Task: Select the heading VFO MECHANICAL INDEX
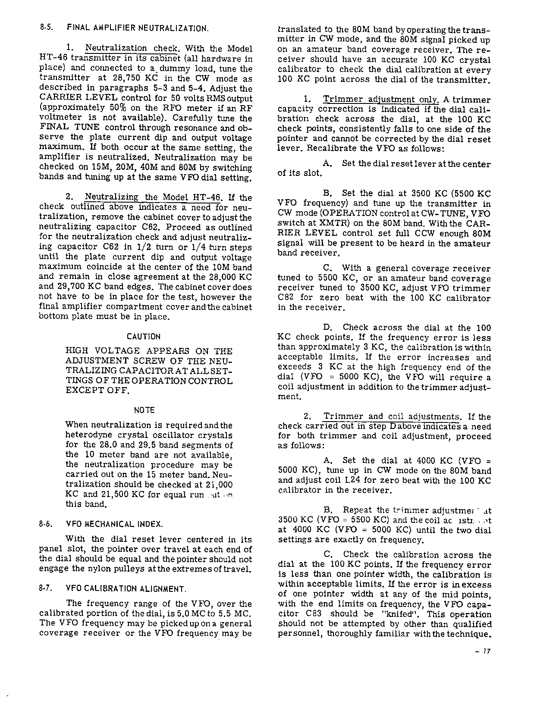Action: [x=115, y=524]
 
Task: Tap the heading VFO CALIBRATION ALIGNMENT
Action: [x=126, y=588]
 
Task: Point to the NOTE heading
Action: [x=144, y=410]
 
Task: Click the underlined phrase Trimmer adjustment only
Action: [x=369, y=100]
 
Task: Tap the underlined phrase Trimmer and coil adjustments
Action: [x=392, y=416]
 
